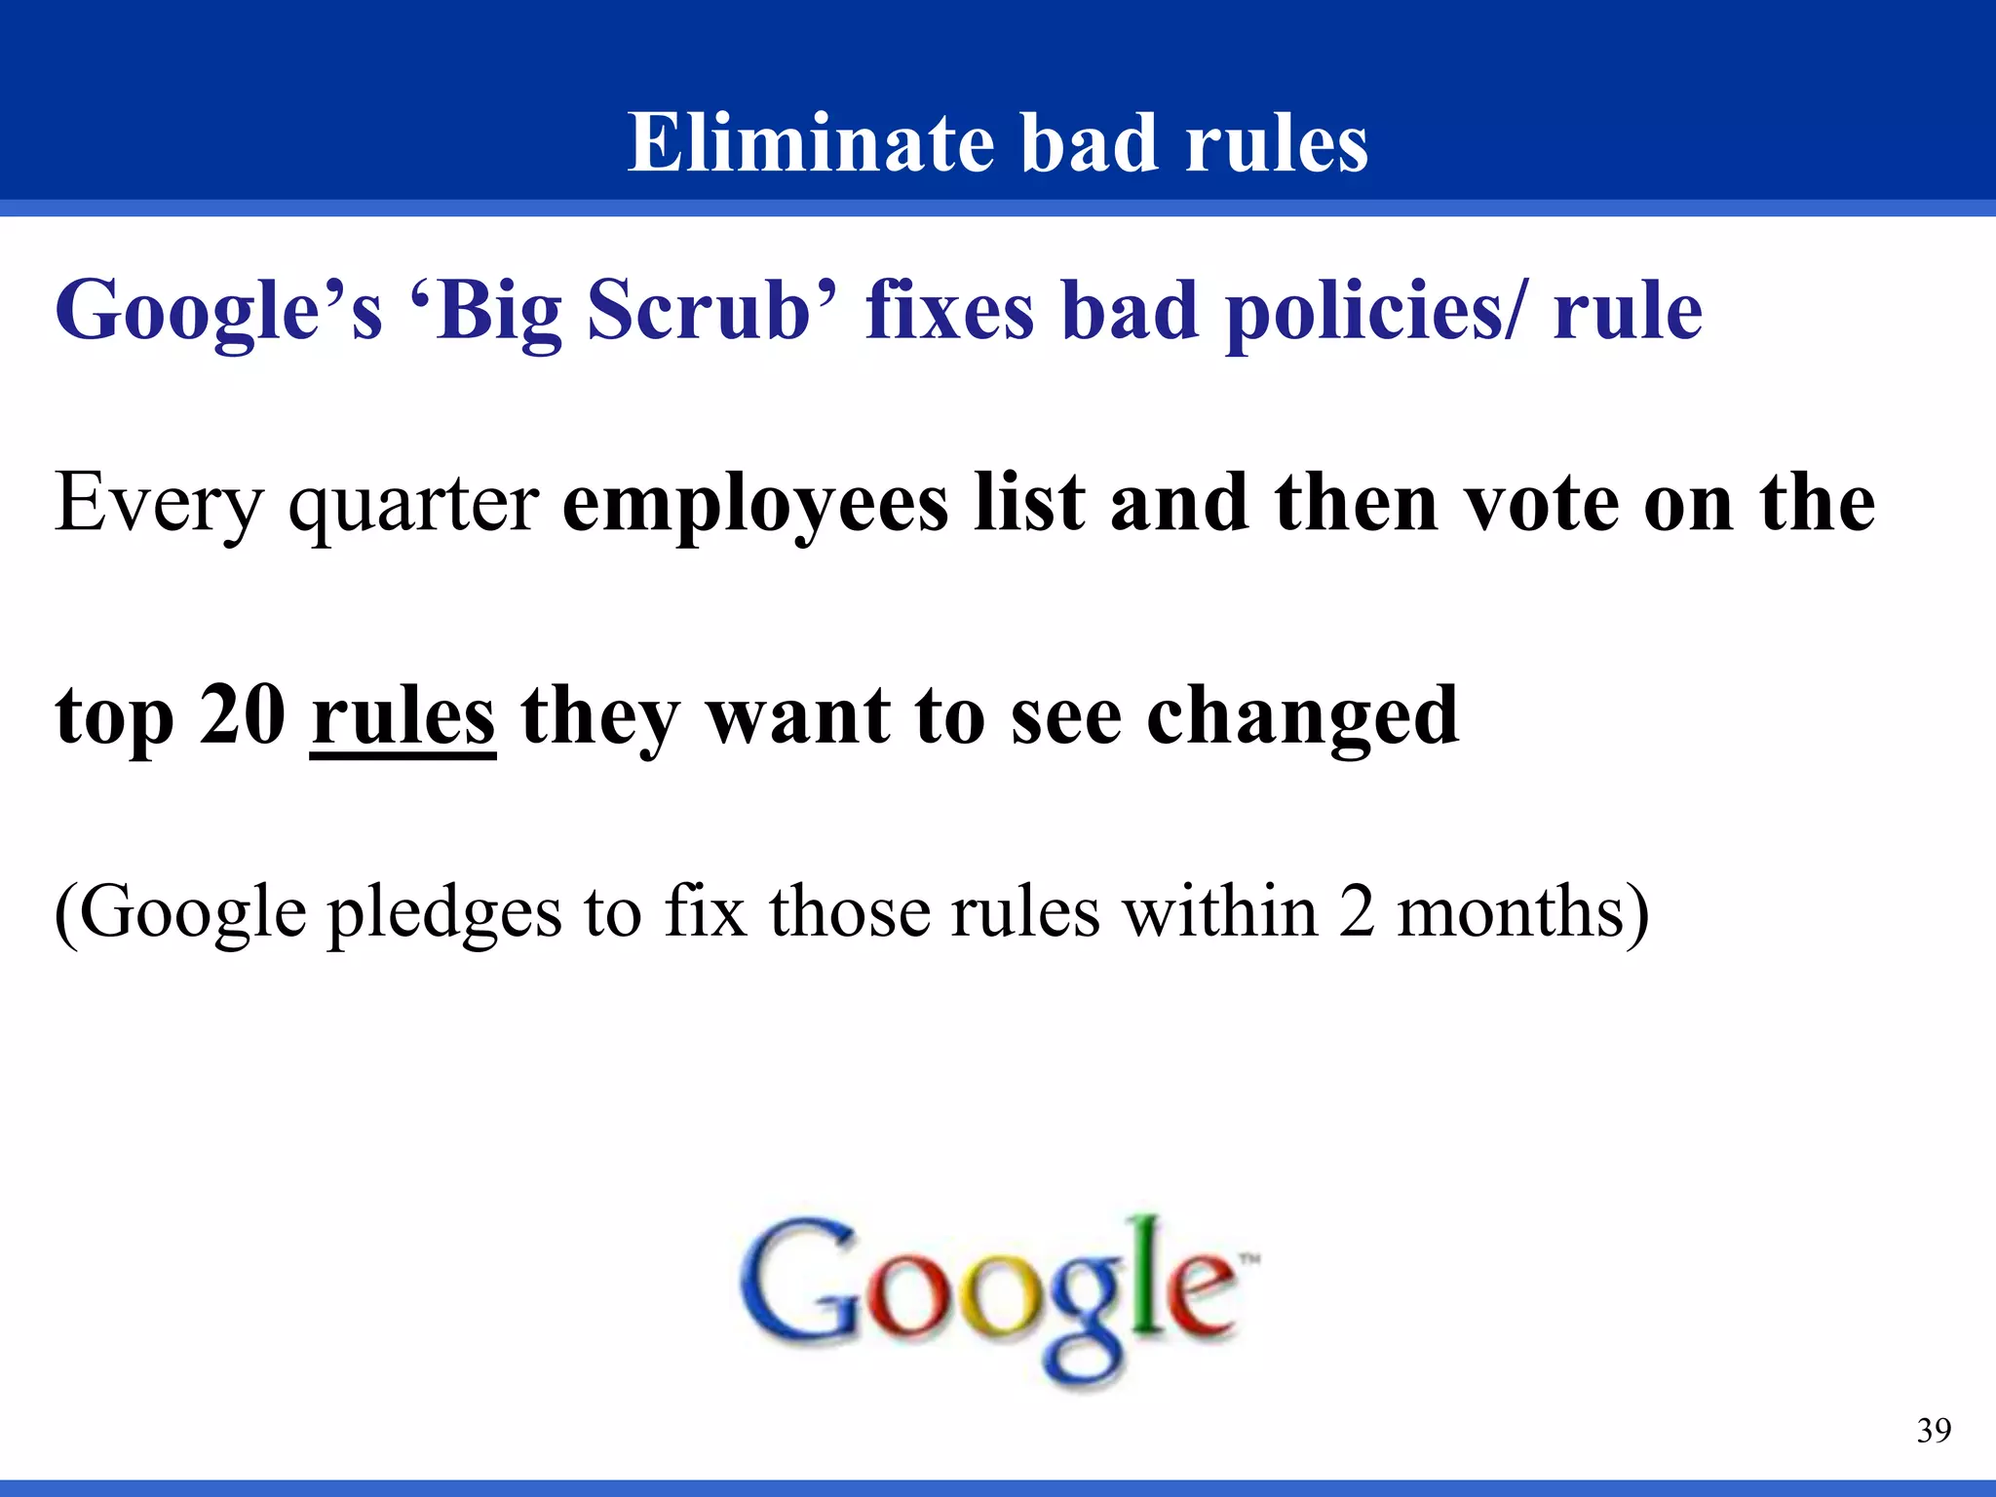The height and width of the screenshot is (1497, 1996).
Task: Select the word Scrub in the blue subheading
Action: point(698,310)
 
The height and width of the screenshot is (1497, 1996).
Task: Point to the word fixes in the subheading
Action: point(949,310)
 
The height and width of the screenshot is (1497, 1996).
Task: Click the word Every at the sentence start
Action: point(158,503)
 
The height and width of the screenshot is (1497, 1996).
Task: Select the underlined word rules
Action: point(403,715)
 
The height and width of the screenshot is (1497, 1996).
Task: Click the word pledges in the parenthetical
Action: point(444,913)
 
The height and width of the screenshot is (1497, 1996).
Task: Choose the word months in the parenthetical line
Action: point(1510,911)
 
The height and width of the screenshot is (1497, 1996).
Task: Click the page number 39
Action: point(1934,1431)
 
